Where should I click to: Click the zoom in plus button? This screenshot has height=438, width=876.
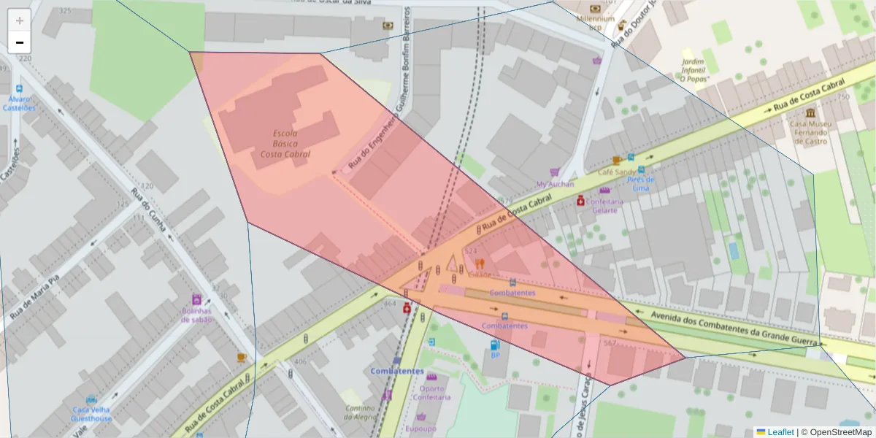coord(20,20)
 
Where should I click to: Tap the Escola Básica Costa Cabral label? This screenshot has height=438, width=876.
coord(285,144)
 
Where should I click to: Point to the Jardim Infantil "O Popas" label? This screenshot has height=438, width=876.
coord(694,70)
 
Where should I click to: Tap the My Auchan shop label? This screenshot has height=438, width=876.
coord(555,184)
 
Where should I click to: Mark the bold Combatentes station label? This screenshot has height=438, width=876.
coord(397,371)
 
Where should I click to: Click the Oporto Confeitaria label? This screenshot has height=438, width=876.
coord(431,393)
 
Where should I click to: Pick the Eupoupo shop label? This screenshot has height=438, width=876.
coord(420,429)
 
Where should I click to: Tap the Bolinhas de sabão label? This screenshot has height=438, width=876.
coord(196,315)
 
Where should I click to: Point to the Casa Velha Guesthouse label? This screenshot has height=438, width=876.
coord(92,414)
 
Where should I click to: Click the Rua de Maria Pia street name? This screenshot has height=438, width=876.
coord(44,297)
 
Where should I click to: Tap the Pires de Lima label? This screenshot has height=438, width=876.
coord(639,183)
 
